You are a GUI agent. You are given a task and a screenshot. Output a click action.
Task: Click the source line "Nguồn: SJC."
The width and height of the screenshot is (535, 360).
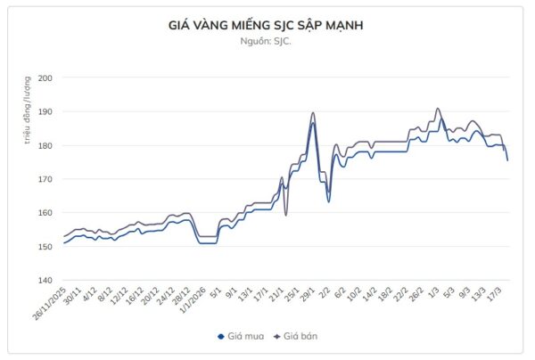point(266,41)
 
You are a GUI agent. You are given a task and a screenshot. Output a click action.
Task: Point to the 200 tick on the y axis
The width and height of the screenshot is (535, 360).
point(45,78)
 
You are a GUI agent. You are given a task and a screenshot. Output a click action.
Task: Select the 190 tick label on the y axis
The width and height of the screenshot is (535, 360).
point(45,112)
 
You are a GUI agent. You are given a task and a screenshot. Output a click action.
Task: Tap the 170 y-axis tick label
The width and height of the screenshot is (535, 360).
point(45,179)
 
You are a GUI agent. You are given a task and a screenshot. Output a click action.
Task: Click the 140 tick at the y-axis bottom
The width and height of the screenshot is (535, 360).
point(45,281)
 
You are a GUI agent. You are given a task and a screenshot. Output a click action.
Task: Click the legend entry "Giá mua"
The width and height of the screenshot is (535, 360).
point(243,336)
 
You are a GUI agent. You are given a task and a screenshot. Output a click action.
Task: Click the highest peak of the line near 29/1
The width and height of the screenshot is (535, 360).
point(313,113)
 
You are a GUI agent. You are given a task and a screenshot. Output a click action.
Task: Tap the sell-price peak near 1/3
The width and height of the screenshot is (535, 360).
point(437,109)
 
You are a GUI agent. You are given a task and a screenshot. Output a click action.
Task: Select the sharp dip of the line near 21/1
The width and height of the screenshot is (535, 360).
point(286,215)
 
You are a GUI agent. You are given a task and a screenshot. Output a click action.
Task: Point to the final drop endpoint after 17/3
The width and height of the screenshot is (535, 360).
point(507,160)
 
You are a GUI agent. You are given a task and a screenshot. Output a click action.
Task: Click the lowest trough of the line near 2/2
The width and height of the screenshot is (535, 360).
point(328,201)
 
